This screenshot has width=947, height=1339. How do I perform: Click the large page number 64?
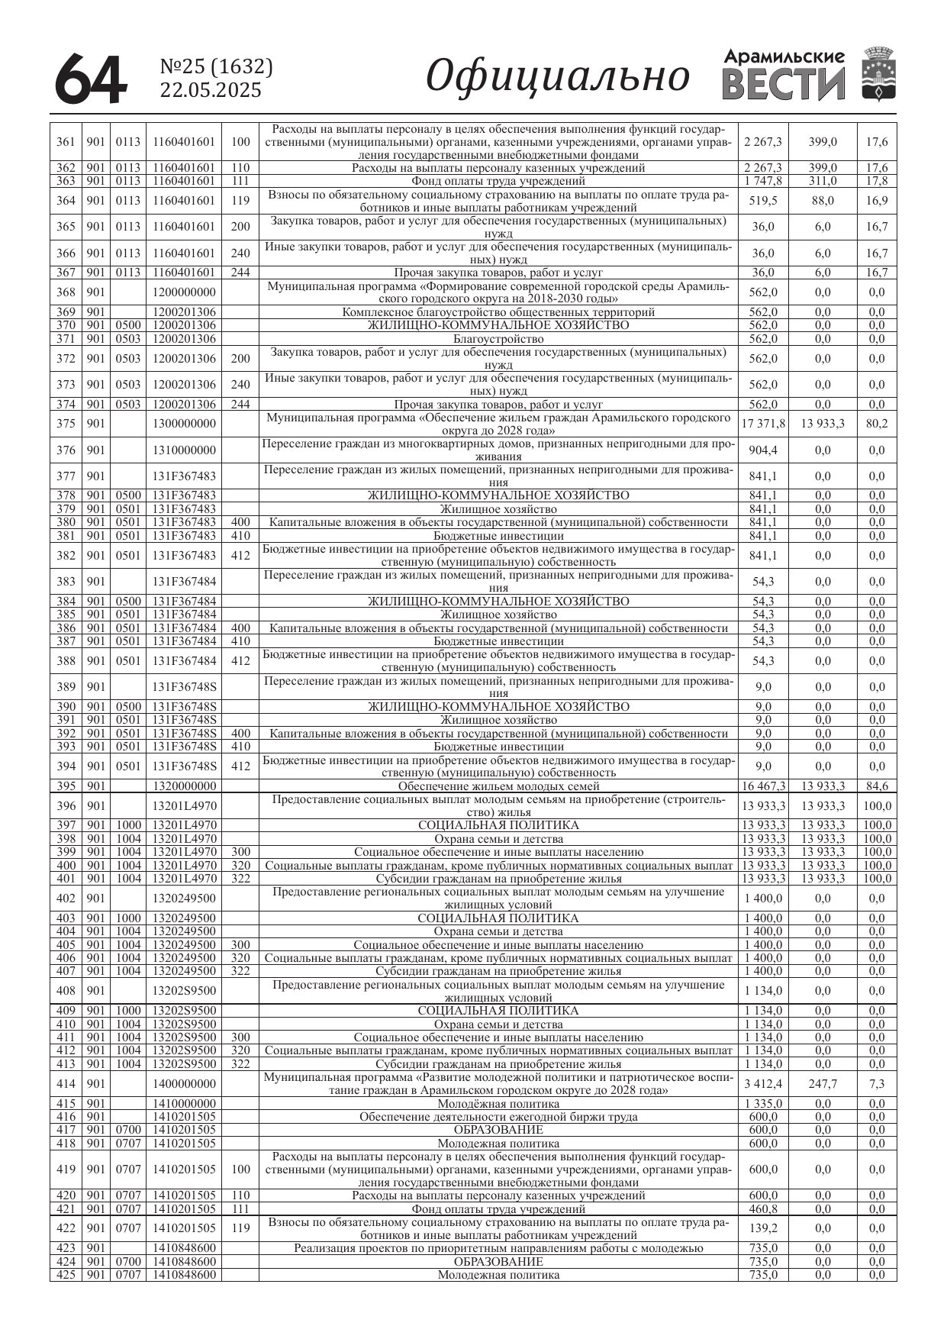pyautogui.click(x=90, y=79)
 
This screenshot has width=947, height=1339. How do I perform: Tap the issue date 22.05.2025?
pyautogui.click(x=211, y=90)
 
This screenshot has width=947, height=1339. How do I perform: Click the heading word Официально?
pyautogui.click(x=557, y=76)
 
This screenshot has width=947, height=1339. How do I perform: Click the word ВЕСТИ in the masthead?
pyautogui.click(x=784, y=84)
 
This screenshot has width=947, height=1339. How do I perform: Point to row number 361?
pyautogui.click(x=66, y=141)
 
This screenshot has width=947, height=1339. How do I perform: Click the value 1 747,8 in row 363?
pyautogui.click(x=763, y=181)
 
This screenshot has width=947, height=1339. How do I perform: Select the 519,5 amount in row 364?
pyautogui.click(x=763, y=201)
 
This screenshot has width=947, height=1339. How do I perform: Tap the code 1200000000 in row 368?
pyautogui.click(x=184, y=292)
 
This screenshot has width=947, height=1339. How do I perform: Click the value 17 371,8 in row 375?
pyautogui.click(x=763, y=424)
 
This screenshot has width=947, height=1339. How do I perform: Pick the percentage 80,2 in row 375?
pyautogui.click(x=877, y=424)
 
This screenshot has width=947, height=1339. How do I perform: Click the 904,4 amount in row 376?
pyautogui.click(x=763, y=450)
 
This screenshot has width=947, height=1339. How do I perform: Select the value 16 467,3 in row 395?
pyautogui.click(x=763, y=786)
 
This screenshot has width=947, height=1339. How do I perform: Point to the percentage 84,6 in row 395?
pyautogui.click(x=877, y=786)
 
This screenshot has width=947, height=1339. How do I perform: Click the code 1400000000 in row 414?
pyautogui.click(x=184, y=1083)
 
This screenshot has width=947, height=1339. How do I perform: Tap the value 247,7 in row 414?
pyautogui.click(x=823, y=1083)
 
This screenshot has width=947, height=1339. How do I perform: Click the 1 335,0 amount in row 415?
pyautogui.click(x=763, y=1103)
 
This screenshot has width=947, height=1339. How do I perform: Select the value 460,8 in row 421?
pyautogui.click(x=763, y=1209)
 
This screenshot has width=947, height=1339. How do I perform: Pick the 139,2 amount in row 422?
pyautogui.click(x=763, y=1228)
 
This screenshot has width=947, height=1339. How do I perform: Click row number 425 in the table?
pyautogui.click(x=66, y=1275)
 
